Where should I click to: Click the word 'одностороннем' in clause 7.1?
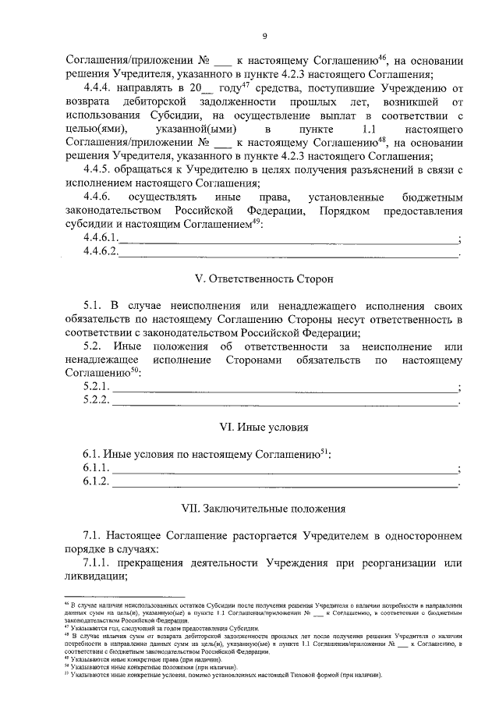coord(425,537)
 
